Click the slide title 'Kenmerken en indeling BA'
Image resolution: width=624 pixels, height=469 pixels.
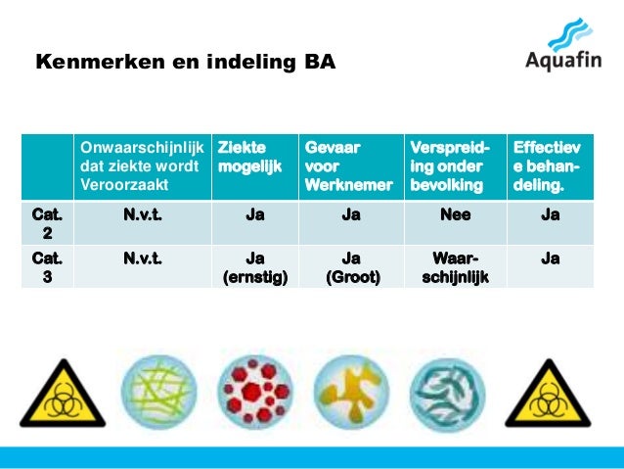[185, 64]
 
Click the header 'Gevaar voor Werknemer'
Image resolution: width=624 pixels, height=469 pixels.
[349, 165]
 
